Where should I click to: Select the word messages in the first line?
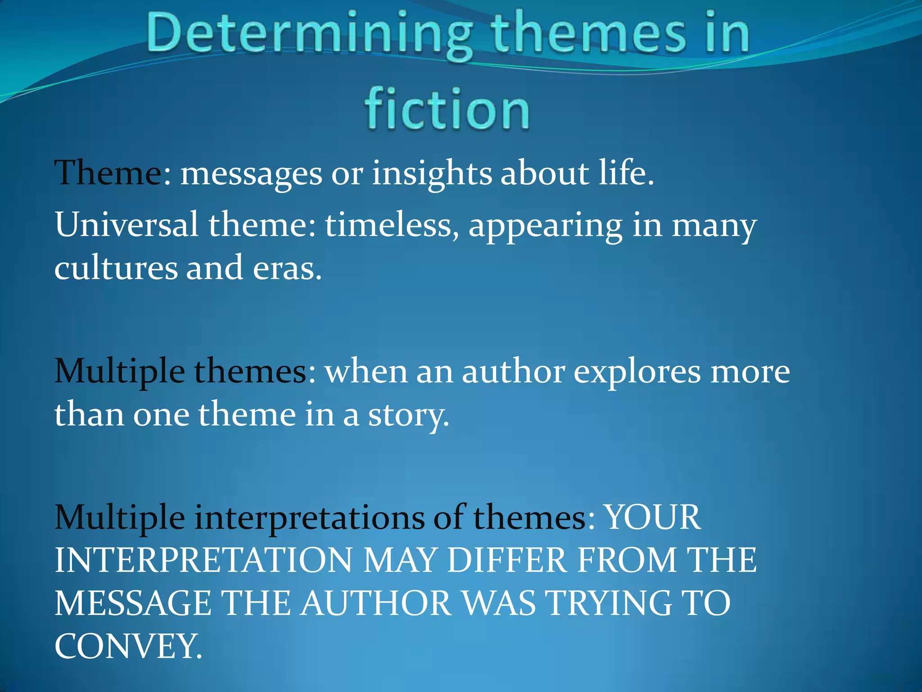click(251, 174)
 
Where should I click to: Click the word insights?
click(432, 174)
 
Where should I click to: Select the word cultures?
click(116, 268)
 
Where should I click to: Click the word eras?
click(287, 269)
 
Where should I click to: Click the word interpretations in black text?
click(309, 518)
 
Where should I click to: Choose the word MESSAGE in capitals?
click(133, 603)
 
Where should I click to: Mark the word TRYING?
click(609, 603)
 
